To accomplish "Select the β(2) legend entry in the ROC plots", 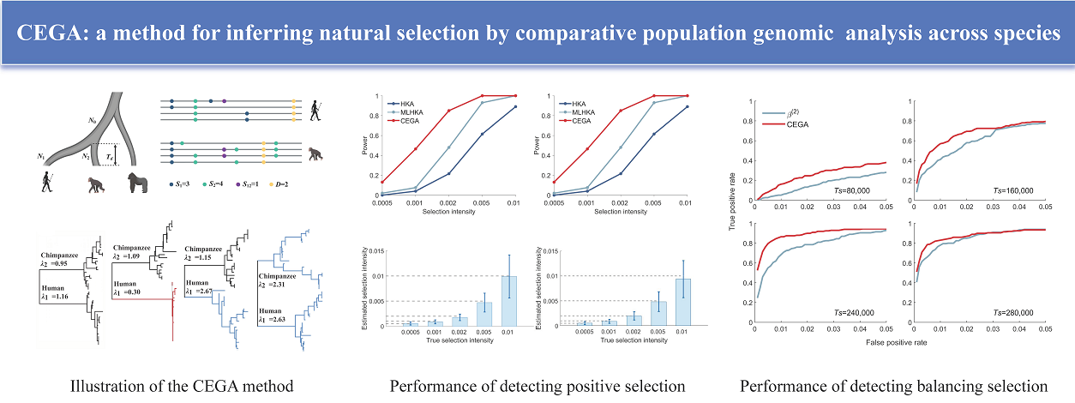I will pyautogui.click(x=793, y=112).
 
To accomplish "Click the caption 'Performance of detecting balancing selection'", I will pyautogui.click(x=895, y=386).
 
